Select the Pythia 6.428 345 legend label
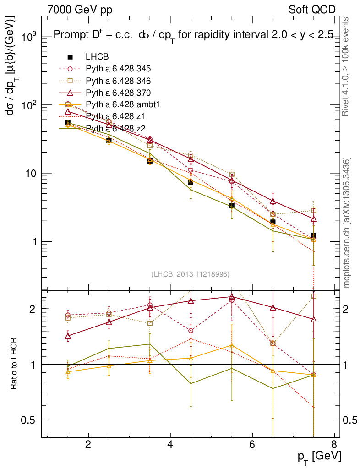(x=118, y=69)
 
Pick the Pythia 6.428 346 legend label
(x=118, y=81)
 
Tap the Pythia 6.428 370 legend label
(x=118, y=93)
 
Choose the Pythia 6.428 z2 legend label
(x=115, y=128)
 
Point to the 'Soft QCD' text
(x=312, y=10)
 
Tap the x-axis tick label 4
(x=170, y=445)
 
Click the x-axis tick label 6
(x=252, y=445)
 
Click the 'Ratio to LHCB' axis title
(x=15, y=365)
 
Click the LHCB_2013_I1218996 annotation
(x=190, y=274)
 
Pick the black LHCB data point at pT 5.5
(x=232, y=205)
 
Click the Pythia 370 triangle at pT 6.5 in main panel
(x=273, y=201)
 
